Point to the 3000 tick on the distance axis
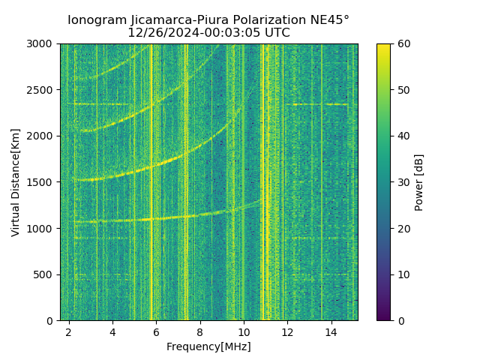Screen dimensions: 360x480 (x=43, y=43)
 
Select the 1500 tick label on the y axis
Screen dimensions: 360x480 (x=43, y=182)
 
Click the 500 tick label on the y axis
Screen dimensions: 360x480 (x=46, y=274)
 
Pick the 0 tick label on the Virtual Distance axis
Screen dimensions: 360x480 (x=52, y=321)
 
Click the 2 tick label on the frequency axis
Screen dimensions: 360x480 (x=69, y=331)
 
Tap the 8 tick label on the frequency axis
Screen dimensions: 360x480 (x=200, y=331)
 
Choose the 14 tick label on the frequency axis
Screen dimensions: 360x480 (x=331, y=331)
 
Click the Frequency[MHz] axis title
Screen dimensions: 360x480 (x=208, y=346)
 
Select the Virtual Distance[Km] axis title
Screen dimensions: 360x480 (x=16, y=182)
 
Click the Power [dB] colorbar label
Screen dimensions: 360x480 (x=419, y=182)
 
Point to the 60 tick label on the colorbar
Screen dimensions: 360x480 (x=403, y=43)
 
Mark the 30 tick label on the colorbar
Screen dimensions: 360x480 (x=403, y=182)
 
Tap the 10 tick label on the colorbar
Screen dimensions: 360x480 (x=403, y=274)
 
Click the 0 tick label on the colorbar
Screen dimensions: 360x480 (x=400, y=321)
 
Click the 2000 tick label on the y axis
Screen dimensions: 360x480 (x=43, y=136)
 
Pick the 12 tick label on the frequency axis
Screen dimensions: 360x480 (x=288, y=331)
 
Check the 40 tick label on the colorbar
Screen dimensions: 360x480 (x=403, y=136)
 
